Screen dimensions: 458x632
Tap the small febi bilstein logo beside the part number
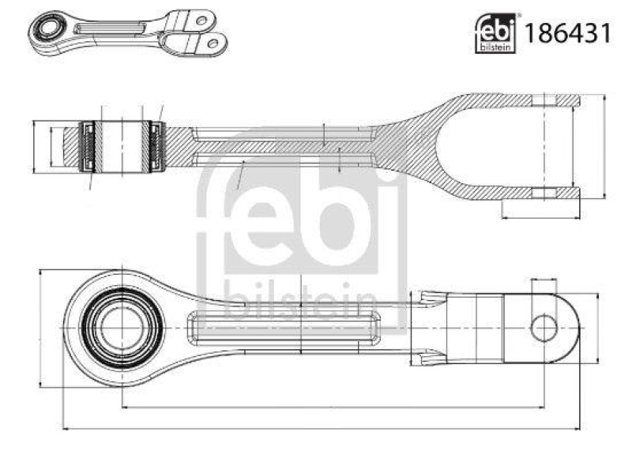coord(495,36)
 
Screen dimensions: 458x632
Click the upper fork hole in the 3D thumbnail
coord(201,19)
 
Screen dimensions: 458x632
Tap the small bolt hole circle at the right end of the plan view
coord(544,328)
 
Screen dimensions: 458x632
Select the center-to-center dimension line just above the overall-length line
coord(332,407)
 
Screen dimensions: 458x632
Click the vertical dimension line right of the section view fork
coord(604,146)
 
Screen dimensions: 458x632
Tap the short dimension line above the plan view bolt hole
coord(544,280)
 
